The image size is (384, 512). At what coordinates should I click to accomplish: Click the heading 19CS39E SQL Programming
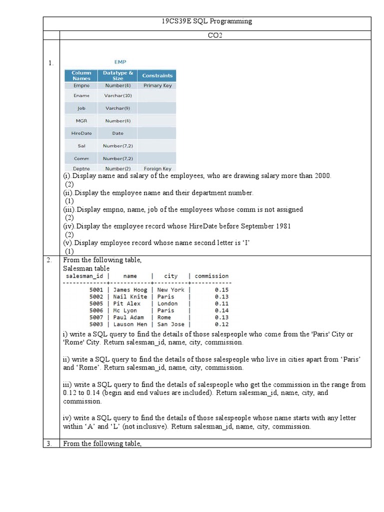coord(206,21)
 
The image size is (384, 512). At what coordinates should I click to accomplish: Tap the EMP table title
coord(120,62)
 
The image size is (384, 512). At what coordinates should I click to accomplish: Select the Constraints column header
coord(157,76)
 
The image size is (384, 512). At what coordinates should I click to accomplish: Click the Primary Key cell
coord(157,85)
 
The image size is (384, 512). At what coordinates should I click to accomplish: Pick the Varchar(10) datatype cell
coord(117,95)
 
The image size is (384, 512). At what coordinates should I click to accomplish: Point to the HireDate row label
coord(81,133)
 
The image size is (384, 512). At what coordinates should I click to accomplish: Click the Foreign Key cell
coord(157,169)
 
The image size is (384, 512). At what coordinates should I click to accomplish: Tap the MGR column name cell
coord(81,121)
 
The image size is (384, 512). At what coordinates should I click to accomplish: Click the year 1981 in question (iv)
coord(282,226)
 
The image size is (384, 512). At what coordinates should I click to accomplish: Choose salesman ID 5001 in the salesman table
coord(96,290)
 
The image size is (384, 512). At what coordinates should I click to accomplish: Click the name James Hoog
coord(130,290)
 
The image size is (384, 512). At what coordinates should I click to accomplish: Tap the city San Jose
coord(170,324)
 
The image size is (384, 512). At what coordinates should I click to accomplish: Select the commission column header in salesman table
coord(211,276)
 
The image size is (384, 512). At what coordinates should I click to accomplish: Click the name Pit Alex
coord(127,303)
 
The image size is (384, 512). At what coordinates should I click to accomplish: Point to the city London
coord(167,303)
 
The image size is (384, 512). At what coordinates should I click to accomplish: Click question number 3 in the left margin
coord(49,443)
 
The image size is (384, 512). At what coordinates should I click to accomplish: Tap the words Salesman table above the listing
coord(86,268)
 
